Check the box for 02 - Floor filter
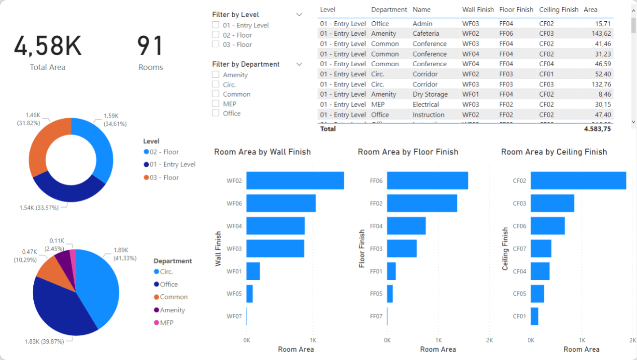point(216,35)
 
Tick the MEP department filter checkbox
point(216,103)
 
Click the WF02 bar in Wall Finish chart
point(295,181)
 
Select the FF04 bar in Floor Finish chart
point(406,226)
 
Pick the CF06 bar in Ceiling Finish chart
point(547,226)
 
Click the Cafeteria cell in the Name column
point(425,33)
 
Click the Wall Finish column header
point(477,9)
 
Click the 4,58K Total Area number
point(48,46)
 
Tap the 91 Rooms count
point(151,46)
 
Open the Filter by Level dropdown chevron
point(299,14)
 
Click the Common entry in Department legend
point(173,297)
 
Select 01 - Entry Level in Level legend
point(172,164)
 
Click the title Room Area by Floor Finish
point(408,152)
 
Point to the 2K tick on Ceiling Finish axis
point(633,340)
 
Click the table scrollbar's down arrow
point(633,123)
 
